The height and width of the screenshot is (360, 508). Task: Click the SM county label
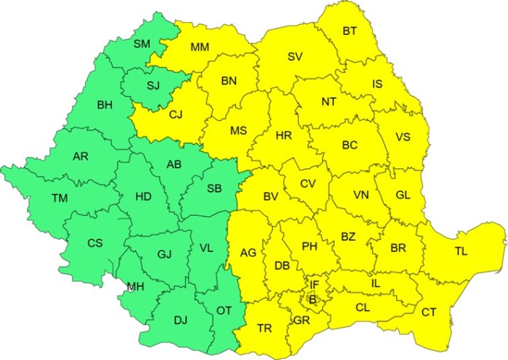click(142, 44)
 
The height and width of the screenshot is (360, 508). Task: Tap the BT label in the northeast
click(350, 31)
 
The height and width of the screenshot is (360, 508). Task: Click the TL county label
click(461, 251)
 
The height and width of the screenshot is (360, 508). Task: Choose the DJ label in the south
click(181, 320)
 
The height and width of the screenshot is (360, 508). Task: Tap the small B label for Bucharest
click(311, 300)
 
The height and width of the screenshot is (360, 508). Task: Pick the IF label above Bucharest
click(314, 285)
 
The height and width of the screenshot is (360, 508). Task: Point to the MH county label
click(135, 287)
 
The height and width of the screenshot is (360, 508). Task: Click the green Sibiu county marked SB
click(213, 188)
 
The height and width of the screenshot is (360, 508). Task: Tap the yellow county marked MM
click(200, 48)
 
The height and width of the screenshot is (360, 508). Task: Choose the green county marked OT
click(223, 310)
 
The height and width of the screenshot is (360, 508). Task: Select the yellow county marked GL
click(402, 194)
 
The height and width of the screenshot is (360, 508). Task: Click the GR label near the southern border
click(301, 320)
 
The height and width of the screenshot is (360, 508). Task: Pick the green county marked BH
click(104, 105)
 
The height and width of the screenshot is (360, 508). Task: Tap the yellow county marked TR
click(264, 328)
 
